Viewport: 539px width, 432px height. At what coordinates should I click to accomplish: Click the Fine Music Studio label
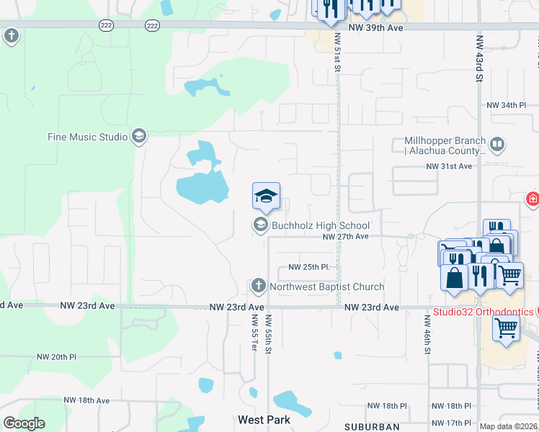coord(87,137)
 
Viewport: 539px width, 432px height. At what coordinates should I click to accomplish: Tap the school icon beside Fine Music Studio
coord(138,136)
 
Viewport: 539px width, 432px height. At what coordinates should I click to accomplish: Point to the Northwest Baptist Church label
coord(326,287)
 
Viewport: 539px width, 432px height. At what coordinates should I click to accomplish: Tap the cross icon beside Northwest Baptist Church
coord(259,287)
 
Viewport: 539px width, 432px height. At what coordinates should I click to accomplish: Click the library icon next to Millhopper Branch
coord(496,145)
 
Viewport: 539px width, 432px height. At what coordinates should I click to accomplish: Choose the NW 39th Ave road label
coord(374,27)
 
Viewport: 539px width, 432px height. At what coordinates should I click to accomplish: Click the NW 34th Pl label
coord(507,105)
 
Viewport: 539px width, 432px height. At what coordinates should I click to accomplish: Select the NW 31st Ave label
coord(448,166)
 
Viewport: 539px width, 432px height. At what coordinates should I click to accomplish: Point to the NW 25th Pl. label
coord(308,267)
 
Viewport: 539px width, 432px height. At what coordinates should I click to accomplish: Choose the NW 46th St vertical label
coord(427,338)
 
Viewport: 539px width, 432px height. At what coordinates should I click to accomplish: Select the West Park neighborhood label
coord(264,420)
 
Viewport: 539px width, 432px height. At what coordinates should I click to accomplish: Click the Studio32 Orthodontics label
coord(483,312)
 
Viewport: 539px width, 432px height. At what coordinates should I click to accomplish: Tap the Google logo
coord(24,423)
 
